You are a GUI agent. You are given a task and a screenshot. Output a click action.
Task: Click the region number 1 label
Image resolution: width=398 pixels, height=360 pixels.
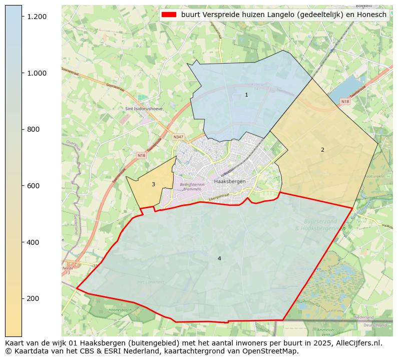click(x=246, y=95)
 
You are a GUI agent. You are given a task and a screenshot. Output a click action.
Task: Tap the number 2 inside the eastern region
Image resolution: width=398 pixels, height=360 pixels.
click(x=322, y=150)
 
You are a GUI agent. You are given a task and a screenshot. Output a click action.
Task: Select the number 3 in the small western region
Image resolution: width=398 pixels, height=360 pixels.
click(x=153, y=184)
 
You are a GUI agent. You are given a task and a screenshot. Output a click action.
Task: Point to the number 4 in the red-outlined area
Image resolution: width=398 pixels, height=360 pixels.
click(x=219, y=258)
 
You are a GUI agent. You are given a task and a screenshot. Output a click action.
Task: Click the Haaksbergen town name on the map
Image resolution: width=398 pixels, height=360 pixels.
click(x=229, y=181)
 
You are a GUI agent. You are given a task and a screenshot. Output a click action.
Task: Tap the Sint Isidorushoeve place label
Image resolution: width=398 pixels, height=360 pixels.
click(x=145, y=109)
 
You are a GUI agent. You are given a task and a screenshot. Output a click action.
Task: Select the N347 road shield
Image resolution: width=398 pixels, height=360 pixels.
click(x=178, y=137)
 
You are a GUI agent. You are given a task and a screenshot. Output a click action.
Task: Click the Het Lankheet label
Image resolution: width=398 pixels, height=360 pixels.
click(x=151, y=282)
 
